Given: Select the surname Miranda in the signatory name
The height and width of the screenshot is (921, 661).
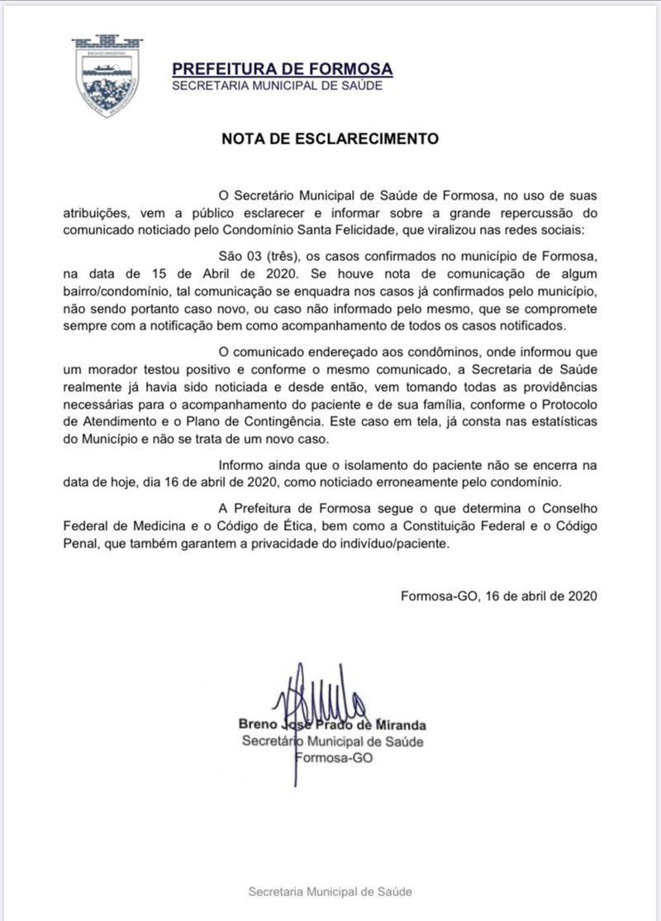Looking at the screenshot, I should click(x=399, y=725).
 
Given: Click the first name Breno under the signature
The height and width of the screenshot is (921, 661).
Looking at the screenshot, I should click(x=260, y=725).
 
